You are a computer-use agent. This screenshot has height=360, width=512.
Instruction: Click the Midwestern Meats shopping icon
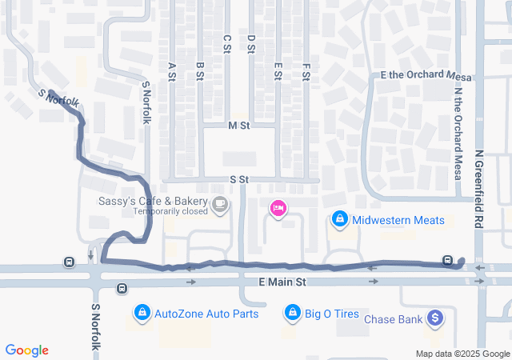pos(339,218)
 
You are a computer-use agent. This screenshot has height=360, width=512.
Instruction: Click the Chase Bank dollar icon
pos(435,318)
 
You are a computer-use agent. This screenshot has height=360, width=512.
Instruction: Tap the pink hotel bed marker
pos(278,209)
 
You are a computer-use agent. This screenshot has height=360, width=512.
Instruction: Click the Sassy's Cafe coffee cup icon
pos(219,206)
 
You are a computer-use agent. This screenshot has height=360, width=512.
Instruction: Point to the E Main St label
pos(282,282)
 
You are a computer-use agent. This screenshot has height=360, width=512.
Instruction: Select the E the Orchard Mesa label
pos(426,75)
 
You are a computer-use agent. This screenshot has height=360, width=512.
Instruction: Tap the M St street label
pos(238,126)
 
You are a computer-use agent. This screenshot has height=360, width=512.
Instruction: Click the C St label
pos(226,44)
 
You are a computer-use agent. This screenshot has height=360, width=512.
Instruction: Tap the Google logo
pos(27,350)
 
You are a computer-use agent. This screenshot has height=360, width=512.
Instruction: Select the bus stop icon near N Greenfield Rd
pos(448,260)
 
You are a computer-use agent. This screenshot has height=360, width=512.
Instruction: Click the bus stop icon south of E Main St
pos(122,288)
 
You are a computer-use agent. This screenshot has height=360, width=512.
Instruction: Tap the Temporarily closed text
pos(170,212)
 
